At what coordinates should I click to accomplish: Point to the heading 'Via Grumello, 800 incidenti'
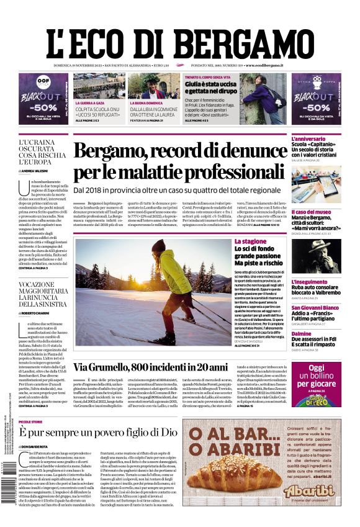pos(151,367)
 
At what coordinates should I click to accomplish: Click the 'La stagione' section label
pos(250,241)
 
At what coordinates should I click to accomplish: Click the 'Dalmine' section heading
pos(302,333)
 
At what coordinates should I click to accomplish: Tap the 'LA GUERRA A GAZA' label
pos(89,102)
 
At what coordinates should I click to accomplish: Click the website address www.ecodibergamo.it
pos(264,65)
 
